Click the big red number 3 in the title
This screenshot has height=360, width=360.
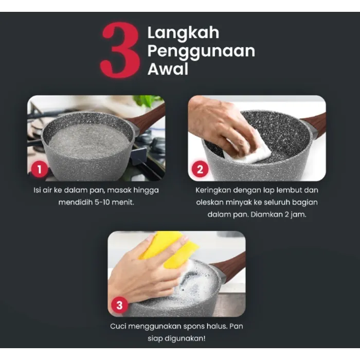pyautogui.click(x=120, y=50)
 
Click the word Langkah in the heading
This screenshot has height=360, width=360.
pyautogui.click(x=183, y=33)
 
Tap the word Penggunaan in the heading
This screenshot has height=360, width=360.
pyautogui.click(x=201, y=51)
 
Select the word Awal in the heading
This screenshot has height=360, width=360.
pyautogui.click(x=168, y=69)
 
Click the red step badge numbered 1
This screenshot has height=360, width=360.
pyautogui.click(x=40, y=169)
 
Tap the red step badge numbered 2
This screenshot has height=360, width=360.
pyautogui.click(x=200, y=169)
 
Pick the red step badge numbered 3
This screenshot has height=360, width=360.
pyautogui.click(x=119, y=305)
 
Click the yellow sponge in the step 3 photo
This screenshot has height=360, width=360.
pyautogui.click(x=170, y=249)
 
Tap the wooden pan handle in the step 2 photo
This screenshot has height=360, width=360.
pyautogui.click(x=315, y=125)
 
